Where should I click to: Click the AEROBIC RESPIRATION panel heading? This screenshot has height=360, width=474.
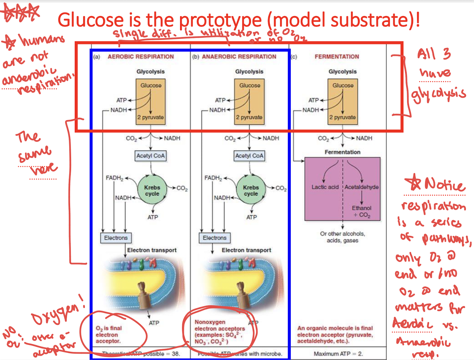141,57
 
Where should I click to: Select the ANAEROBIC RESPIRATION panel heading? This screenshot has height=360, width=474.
239,57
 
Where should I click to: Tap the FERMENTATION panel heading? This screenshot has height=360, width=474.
337,57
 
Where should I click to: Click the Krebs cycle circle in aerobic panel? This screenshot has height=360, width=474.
152,190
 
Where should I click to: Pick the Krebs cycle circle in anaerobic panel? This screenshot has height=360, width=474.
251,190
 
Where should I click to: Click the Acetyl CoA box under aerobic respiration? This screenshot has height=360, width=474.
151,156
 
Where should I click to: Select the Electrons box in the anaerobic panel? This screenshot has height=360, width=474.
214,238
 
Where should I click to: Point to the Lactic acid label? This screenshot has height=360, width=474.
325,187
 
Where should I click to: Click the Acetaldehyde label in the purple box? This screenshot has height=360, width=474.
361,187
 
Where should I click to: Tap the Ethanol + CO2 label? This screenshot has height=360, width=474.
361,211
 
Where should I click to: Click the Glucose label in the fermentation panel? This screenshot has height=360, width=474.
343,85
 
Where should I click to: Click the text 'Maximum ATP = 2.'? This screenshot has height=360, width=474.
338,354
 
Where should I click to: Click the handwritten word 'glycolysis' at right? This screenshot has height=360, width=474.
438,95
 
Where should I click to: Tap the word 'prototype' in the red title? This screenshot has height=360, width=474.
220,20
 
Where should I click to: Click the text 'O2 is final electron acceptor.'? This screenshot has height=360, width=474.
108,335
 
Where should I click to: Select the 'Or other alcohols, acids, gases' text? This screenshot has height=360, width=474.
342,237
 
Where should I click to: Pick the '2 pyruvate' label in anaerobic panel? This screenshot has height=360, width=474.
249,117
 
